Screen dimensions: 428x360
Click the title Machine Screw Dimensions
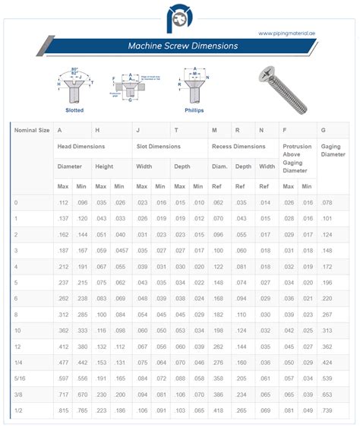(x=183, y=46)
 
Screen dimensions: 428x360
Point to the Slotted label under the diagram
(x=74, y=110)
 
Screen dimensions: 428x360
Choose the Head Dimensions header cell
(x=81, y=146)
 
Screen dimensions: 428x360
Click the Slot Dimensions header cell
(x=158, y=146)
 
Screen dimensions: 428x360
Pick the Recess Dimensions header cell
(x=238, y=146)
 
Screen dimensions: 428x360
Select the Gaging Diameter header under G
(x=331, y=150)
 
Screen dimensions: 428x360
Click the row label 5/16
(x=21, y=377)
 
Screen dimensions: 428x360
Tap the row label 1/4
(x=19, y=361)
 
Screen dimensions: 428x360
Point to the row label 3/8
(x=19, y=394)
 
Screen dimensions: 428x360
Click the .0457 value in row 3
(x=121, y=249)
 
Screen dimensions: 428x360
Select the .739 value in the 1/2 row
(x=327, y=410)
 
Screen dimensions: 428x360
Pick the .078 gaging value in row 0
(x=327, y=201)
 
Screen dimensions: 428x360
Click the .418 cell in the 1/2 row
(x=217, y=410)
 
